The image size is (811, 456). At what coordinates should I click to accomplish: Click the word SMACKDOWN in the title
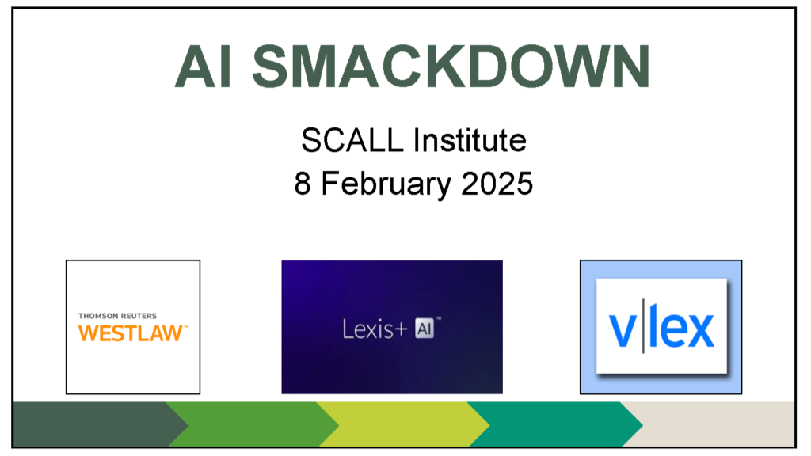[451, 66]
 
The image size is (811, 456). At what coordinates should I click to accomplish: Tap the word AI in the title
[203, 66]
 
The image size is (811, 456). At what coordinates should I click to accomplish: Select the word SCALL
[352, 140]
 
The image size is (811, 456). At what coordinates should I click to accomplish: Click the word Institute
[470, 140]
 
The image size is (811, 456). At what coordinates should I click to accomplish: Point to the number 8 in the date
[303, 184]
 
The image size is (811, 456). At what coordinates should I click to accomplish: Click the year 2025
[497, 184]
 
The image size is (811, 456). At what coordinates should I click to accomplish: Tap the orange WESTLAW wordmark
[130, 333]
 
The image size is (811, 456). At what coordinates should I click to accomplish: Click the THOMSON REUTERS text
[117, 316]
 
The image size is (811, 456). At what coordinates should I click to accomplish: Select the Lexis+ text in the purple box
[375, 329]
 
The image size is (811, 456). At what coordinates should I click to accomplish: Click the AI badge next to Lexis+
[425, 329]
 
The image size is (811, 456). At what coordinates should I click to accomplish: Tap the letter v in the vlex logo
[622, 330]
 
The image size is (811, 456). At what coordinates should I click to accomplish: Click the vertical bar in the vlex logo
[643, 325]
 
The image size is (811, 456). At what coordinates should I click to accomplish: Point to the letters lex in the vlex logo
[682, 325]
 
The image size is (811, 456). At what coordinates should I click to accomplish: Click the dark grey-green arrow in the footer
[98, 424]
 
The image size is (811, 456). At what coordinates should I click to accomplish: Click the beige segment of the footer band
[716, 424]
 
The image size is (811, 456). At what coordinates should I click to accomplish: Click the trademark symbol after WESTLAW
[185, 327]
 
